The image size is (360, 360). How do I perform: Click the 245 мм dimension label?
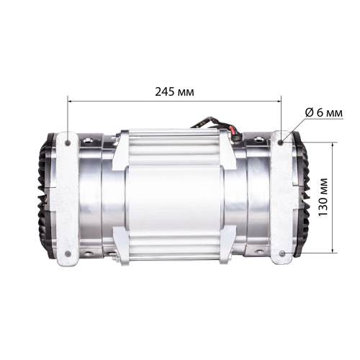pyautogui.click(x=174, y=92)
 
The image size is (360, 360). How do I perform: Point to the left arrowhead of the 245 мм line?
pyautogui.click(x=71, y=102)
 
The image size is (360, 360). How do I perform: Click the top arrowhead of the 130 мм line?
pyautogui.click(x=333, y=144)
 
